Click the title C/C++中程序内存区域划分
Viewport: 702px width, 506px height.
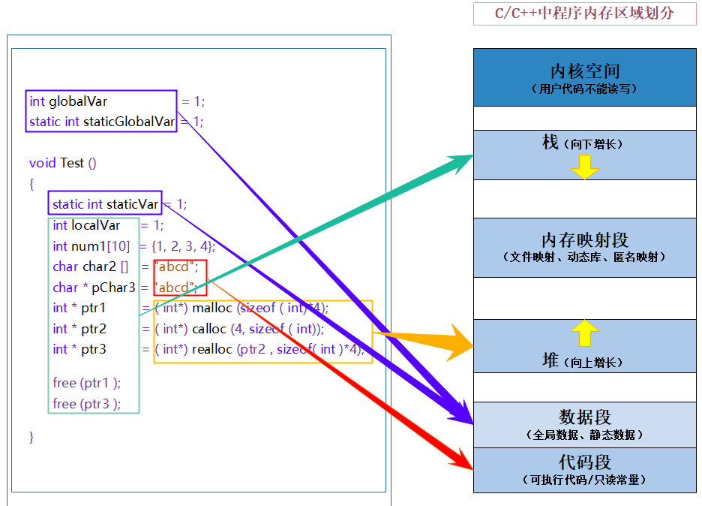584,14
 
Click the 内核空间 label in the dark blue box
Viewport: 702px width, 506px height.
585,71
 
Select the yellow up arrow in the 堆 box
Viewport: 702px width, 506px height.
585,332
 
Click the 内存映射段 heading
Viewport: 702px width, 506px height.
585,240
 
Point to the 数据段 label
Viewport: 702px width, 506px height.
585,417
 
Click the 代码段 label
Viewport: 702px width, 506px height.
585,462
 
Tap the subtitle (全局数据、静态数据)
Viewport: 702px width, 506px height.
585,435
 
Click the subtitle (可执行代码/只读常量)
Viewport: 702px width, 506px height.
585,479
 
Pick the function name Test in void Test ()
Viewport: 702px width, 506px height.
72,163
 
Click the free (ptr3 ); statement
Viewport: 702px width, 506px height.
86,404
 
